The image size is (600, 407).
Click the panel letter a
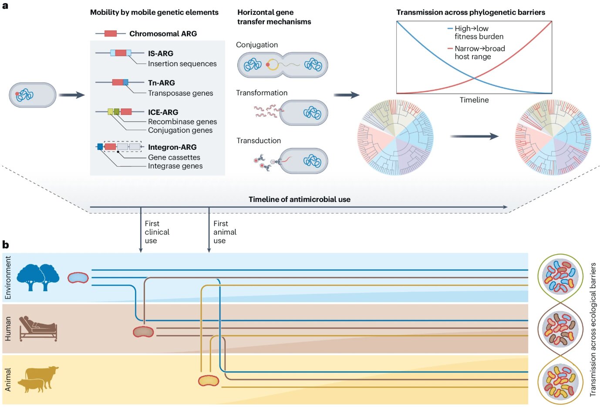[5, 6]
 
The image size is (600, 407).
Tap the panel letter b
[6, 245]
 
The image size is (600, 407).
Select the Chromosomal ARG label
[163, 34]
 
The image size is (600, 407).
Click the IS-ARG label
[160, 54]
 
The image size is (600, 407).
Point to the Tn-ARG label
[161, 83]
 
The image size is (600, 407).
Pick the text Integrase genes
[175, 166]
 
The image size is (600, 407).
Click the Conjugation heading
[256, 45]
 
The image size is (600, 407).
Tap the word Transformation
[261, 93]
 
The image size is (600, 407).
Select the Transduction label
[259, 141]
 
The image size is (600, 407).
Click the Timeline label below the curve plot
[474, 100]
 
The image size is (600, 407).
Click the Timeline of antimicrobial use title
[299, 199]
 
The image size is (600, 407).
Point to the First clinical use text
[157, 232]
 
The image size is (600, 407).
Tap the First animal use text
[225, 232]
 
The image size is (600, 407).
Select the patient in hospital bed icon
[38, 328]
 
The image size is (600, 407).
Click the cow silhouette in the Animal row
[42, 375]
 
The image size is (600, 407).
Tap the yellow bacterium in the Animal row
[209, 381]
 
